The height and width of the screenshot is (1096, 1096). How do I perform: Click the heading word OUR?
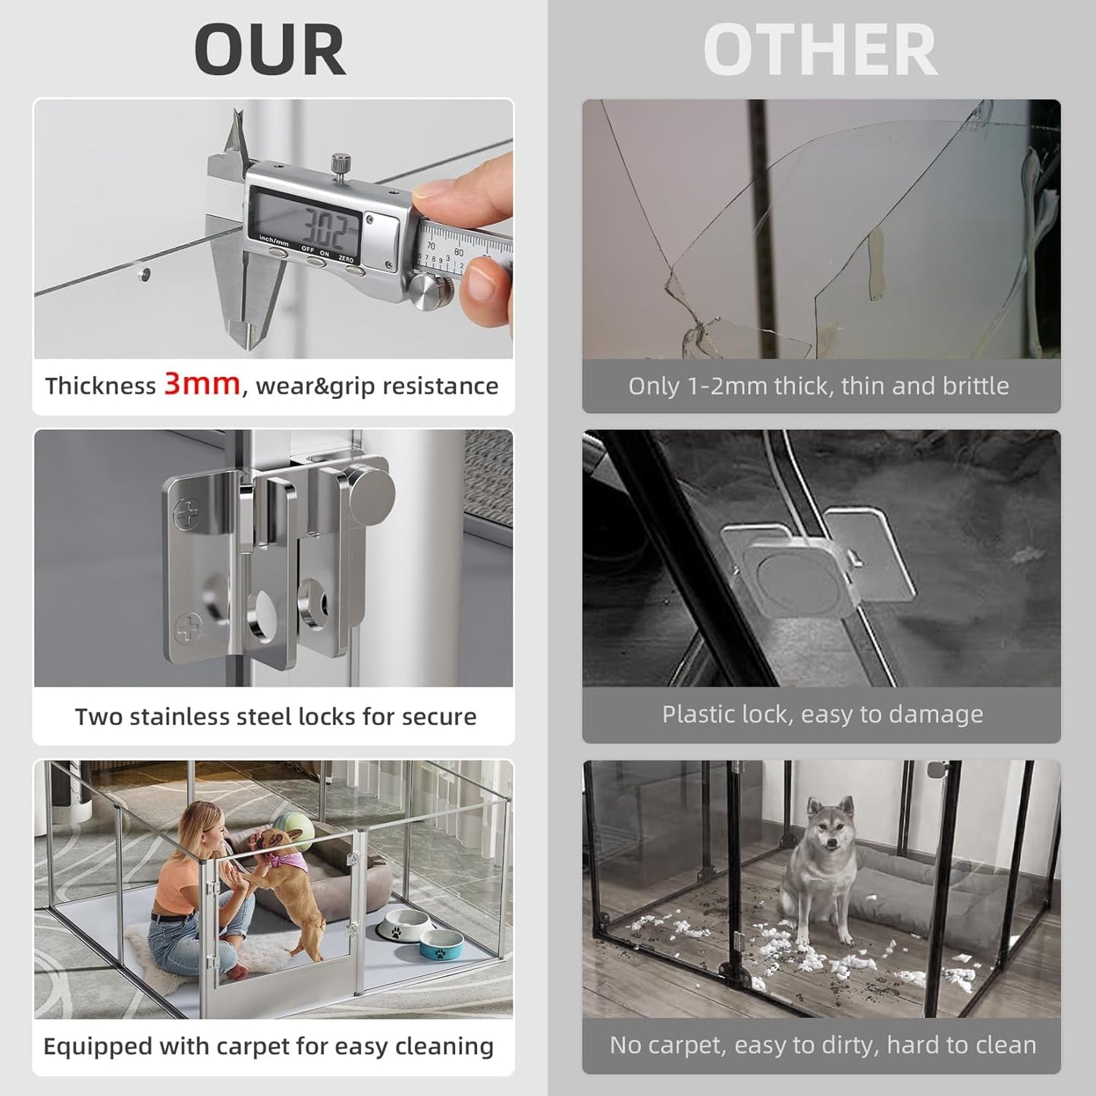tap(270, 50)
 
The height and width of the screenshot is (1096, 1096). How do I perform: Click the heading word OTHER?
tap(820, 50)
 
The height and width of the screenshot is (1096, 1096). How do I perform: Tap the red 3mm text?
tap(202, 384)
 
